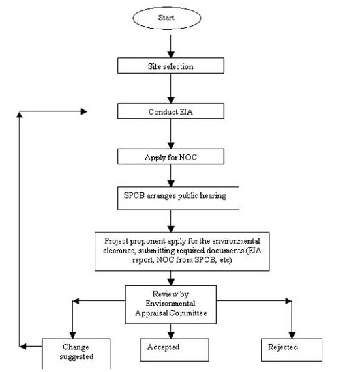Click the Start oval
tap(167, 18)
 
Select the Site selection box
tap(170, 66)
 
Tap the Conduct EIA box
tap(170, 111)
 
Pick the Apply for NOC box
tap(170, 156)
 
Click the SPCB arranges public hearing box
tap(178, 198)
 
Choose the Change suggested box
tap(76, 354)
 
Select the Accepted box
tap(175, 349)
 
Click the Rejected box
tap(292, 349)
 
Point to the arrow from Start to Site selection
tap(171, 46)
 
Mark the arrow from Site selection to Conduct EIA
tap(171, 88)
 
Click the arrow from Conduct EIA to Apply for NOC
tap(171, 134)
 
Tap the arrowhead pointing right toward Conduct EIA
tap(84, 111)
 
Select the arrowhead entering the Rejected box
tap(292, 335)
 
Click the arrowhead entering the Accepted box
tap(171, 335)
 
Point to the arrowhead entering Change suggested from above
tap(72, 335)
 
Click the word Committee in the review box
tap(188, 313)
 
